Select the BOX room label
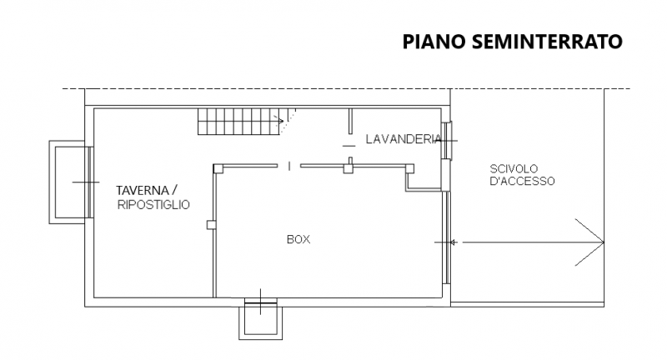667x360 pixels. click(x=298, y=239)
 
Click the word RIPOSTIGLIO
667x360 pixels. click(x=153, y=204)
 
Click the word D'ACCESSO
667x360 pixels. click(x=522, y=181)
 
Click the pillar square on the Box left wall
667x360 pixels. click(x=211, y=223)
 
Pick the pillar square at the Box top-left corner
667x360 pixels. click(x=217, y=168)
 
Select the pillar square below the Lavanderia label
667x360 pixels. click(x=348, y=168)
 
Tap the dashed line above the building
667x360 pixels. click(x=333, y=88)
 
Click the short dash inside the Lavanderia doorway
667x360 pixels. click(x=348, y=145)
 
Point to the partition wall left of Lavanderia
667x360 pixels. click(x=348, y=120)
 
